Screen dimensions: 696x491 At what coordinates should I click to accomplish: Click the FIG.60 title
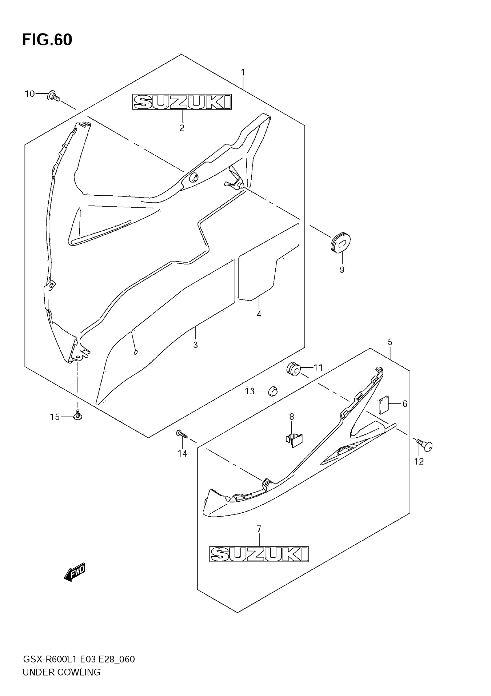(x=47, y=40)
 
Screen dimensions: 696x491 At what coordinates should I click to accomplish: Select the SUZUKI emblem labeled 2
(x=182, y=102)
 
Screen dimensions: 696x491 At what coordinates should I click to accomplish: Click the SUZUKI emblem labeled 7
(x=259, y=554)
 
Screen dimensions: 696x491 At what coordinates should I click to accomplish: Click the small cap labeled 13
(x=273, y=391)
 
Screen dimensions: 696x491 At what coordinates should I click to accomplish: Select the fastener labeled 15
(x=78, y=416)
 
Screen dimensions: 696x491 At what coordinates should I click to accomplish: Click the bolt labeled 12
(x=426, y=445)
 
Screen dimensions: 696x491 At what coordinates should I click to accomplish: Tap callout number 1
(x=243, y=73)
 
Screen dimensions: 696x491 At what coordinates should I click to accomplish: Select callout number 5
(x=390, y=342)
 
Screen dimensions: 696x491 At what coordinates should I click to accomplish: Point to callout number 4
(x=259, y=314)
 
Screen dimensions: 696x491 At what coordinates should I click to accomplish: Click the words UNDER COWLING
(x=62, y=672)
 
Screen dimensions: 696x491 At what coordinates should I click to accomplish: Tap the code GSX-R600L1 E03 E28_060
(x=79, y=659)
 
